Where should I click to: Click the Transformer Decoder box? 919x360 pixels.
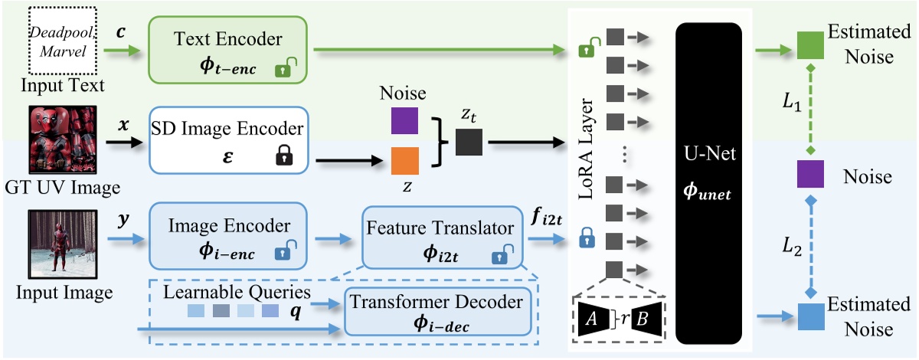tap(437, 312)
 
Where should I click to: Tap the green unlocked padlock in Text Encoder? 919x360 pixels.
tap(285, 70)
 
